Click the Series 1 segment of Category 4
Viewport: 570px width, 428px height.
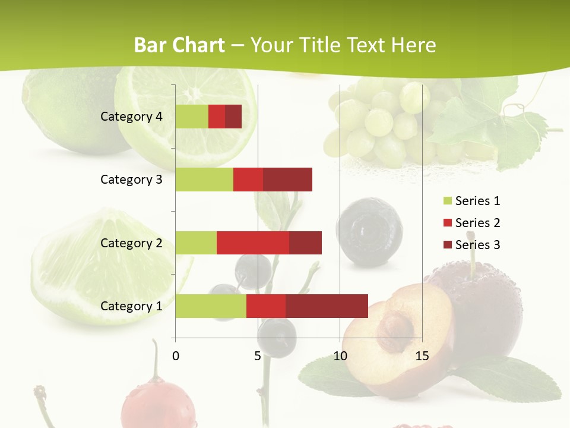click(192, 117)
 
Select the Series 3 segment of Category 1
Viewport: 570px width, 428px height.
click(327, 306)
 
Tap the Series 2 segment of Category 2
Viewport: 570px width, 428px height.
click(253, 243)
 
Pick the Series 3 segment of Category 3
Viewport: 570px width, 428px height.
click(287, 180)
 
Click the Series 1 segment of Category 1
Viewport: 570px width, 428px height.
click(211, 306)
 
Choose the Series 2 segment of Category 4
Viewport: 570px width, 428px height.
click(217, 117)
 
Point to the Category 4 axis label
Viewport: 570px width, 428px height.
click(131, 117)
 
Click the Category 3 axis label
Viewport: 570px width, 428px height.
click(131, 180)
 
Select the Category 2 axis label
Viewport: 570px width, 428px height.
click(131, 243)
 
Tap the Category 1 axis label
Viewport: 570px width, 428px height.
click(131, 306)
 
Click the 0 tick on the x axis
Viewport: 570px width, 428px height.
click(176, 356)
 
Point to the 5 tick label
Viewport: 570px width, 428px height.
click(258, 356)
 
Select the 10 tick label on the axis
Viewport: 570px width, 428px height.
click(340, 356)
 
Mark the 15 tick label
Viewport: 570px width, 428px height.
click(422, 356)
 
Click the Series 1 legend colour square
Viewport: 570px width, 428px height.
click(447, 201)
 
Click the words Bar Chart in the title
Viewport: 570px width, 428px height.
click(179, 45)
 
